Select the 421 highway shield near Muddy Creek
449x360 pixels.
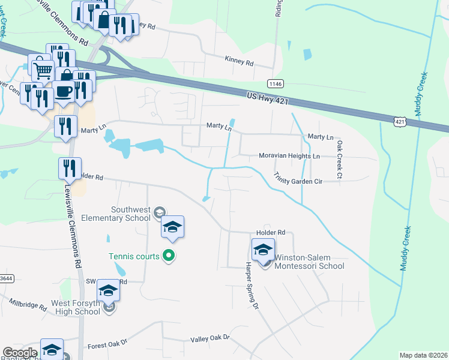click(400, 122)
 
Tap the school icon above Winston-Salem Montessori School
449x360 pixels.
click(263, 249)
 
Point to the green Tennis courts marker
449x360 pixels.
click(169, 256)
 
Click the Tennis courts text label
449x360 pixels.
click(134, 256)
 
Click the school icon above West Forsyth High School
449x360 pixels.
click(108, 290)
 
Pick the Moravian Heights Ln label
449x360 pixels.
click(289, 156)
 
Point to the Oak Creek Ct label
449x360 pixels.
click(339, 160)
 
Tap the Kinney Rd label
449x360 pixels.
click(239, 63)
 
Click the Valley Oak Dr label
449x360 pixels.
click(210, 338)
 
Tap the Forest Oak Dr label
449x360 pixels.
click(107, 344)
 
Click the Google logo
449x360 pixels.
click(20, 353)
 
